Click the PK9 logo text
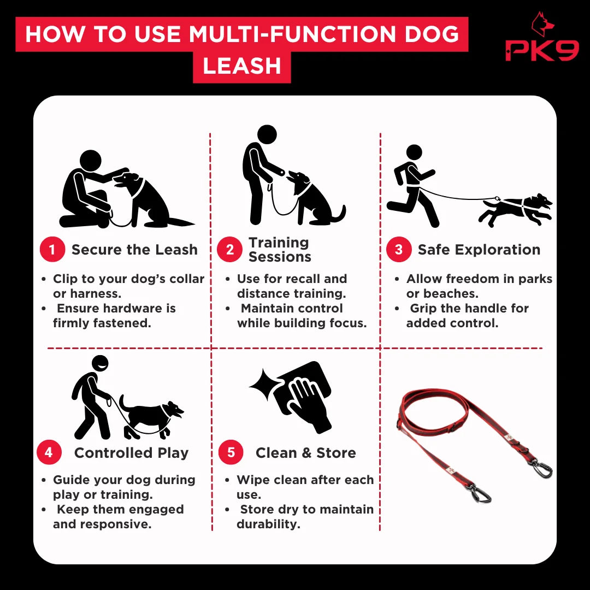coord(542,50)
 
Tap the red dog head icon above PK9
coord(542,24)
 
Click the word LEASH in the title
coord(242,66)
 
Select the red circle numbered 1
coord(52,249)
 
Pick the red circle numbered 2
coord(229,249)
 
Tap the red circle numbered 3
coord(399,249)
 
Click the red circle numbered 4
coord(49,452)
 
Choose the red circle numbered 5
coord(231,452)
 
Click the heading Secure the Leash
coord(134,250)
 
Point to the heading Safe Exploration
coord(479,250)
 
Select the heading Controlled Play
coord(131,453)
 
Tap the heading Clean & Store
coord(305,453)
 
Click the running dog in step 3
coord(516,209)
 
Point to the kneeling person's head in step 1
coord(91,161)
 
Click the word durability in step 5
coord(268,524)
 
